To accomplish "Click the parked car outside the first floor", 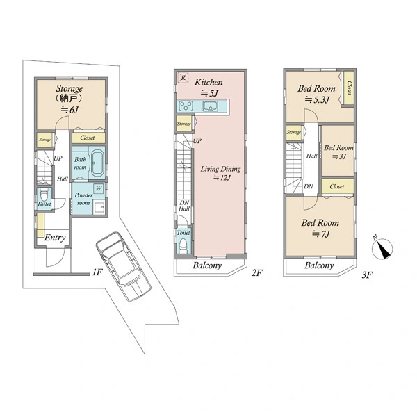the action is [124, 266].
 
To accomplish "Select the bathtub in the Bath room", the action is [97, 163].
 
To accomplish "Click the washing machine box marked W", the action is [99, 188].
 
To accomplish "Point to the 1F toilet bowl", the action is [44, 195].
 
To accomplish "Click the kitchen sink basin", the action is [211, 106].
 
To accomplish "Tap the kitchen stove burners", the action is [186, 106].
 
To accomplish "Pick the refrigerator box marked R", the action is [183, 78].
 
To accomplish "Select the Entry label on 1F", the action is [55, 238].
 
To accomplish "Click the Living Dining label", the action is [220, 169].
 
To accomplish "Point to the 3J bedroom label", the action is [338, 152].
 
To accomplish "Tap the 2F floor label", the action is [257, 273].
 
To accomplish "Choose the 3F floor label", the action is [367, 275].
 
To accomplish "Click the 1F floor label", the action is [97, 272].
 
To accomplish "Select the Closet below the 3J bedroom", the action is [338, 186].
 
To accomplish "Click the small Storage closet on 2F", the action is [183, 124].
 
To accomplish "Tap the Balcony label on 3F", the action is [319, 265].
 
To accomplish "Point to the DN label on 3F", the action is [308, 186].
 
